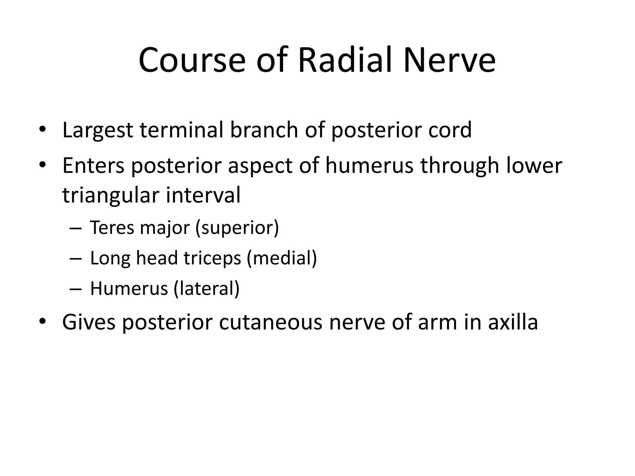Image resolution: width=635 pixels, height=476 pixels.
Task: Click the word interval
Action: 203,195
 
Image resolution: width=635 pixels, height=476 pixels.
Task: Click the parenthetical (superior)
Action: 237,228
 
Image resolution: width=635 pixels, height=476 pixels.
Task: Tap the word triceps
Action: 212,258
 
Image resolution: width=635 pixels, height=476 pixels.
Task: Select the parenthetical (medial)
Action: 282,258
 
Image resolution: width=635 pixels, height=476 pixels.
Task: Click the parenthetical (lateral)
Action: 206,289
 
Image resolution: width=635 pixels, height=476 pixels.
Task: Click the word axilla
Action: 513,322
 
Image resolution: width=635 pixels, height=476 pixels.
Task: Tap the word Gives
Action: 89,322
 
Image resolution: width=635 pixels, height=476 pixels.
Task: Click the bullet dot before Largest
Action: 42,130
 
